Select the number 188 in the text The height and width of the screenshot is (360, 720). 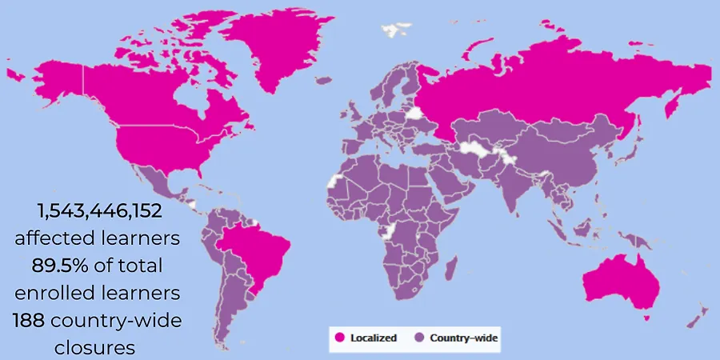point(29,321)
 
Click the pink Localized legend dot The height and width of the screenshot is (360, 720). point(339,338)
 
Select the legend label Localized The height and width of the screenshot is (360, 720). point(373,338)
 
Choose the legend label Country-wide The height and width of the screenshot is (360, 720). point(463,338)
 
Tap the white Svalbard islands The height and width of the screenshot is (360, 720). point(394,30)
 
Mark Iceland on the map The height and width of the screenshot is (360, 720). point(323,80)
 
